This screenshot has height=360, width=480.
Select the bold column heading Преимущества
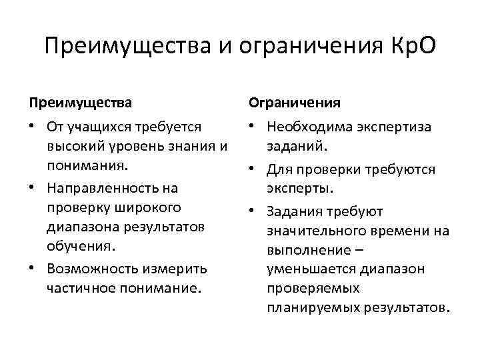point(80,103)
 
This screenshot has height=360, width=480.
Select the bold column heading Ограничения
point(295,103)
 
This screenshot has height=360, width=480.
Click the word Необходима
point(311,127)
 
